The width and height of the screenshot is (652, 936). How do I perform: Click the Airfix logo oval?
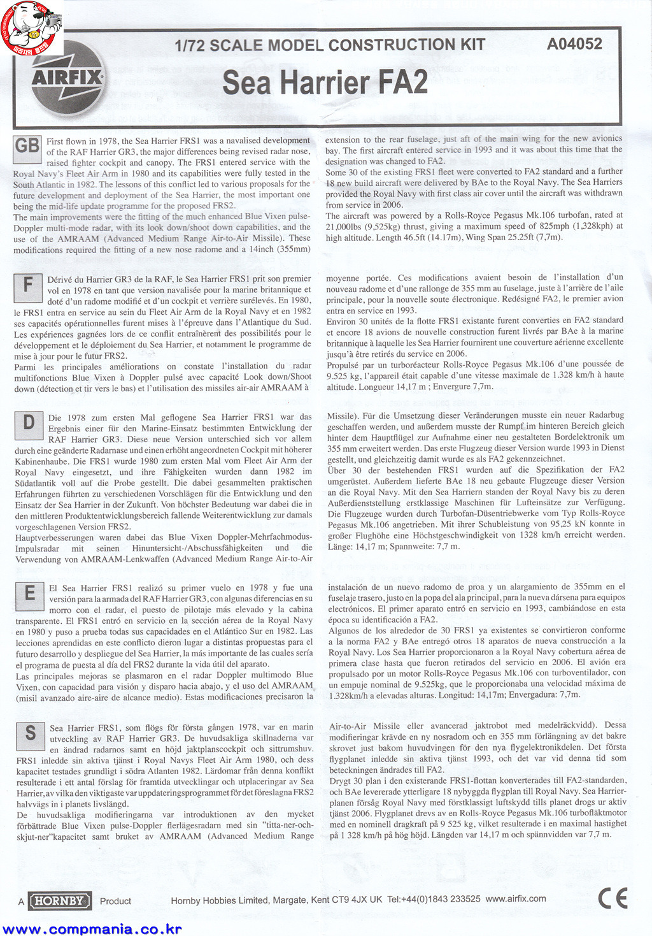(x=67, y=78)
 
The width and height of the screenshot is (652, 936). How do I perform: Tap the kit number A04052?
(x=574, y=43)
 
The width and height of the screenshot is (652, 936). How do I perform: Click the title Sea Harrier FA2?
(x=325, y=83)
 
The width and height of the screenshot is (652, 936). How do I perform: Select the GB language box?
(x=27, y=147)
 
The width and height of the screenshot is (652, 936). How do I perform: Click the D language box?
(x=29, y=423)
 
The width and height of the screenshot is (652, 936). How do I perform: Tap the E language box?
(x=29, y=594)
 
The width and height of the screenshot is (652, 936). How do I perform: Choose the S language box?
(x=30, y=734)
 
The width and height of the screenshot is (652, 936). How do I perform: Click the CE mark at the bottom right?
(x=613, y=898)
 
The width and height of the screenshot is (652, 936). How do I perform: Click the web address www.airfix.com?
(x=516, y=898)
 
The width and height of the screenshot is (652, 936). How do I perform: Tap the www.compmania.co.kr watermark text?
(x=92, y=930)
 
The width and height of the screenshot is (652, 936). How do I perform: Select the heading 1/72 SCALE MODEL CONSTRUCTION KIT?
(x=330, y=45)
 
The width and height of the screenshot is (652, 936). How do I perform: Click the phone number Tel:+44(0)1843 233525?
(x=434, y=899)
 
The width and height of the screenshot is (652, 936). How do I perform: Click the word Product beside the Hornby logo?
(x=115, y=901)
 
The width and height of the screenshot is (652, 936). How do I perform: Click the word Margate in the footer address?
(x=291, y=900)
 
